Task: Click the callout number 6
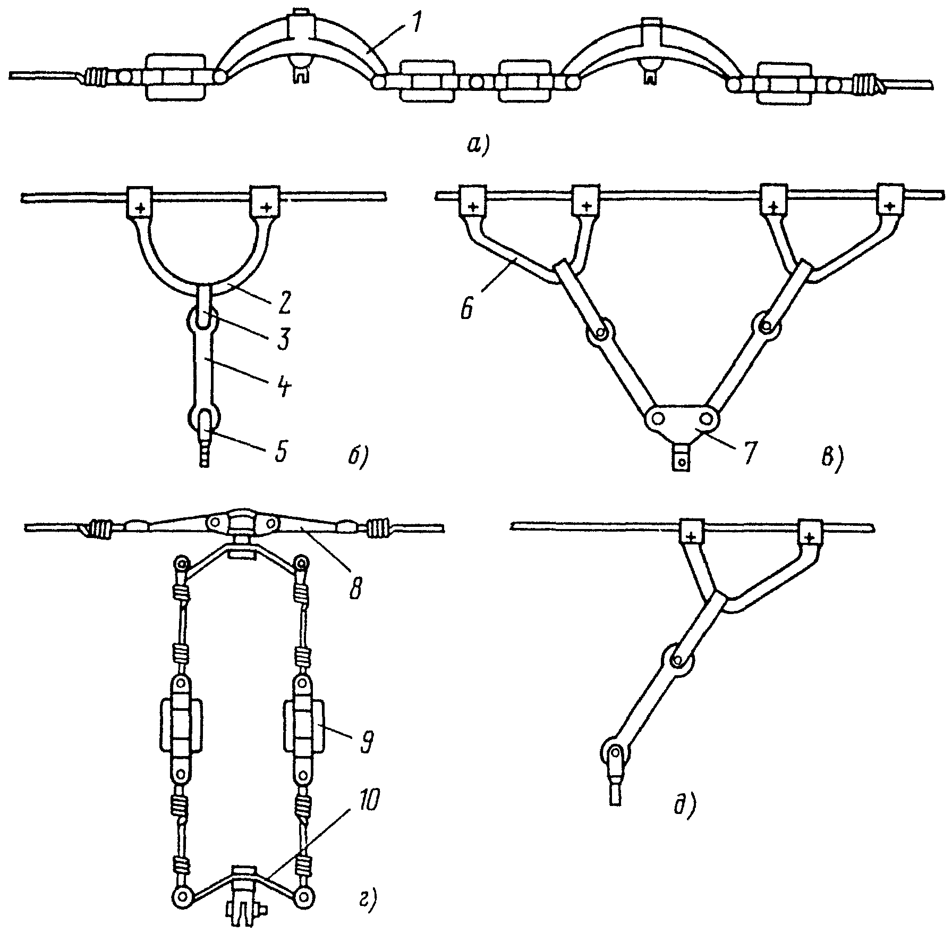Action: [x=466, y=308]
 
